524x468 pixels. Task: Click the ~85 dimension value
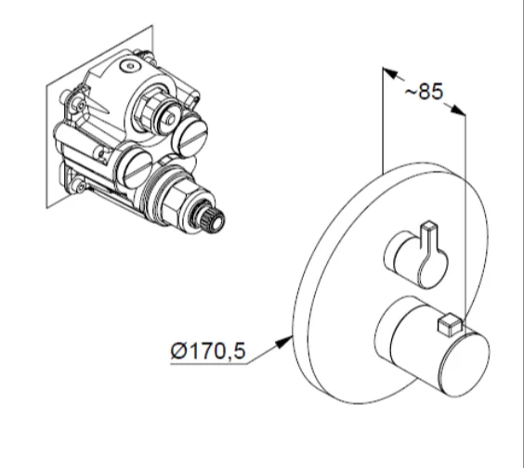[424, 91]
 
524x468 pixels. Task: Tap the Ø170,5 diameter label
[208, 350]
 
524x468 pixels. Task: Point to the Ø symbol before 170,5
[178, 350]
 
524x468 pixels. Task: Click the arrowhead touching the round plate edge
[283, 343]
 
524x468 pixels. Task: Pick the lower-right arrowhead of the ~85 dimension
[457, 110]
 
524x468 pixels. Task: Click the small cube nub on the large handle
[450, 324]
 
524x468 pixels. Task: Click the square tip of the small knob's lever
[429, 225]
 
